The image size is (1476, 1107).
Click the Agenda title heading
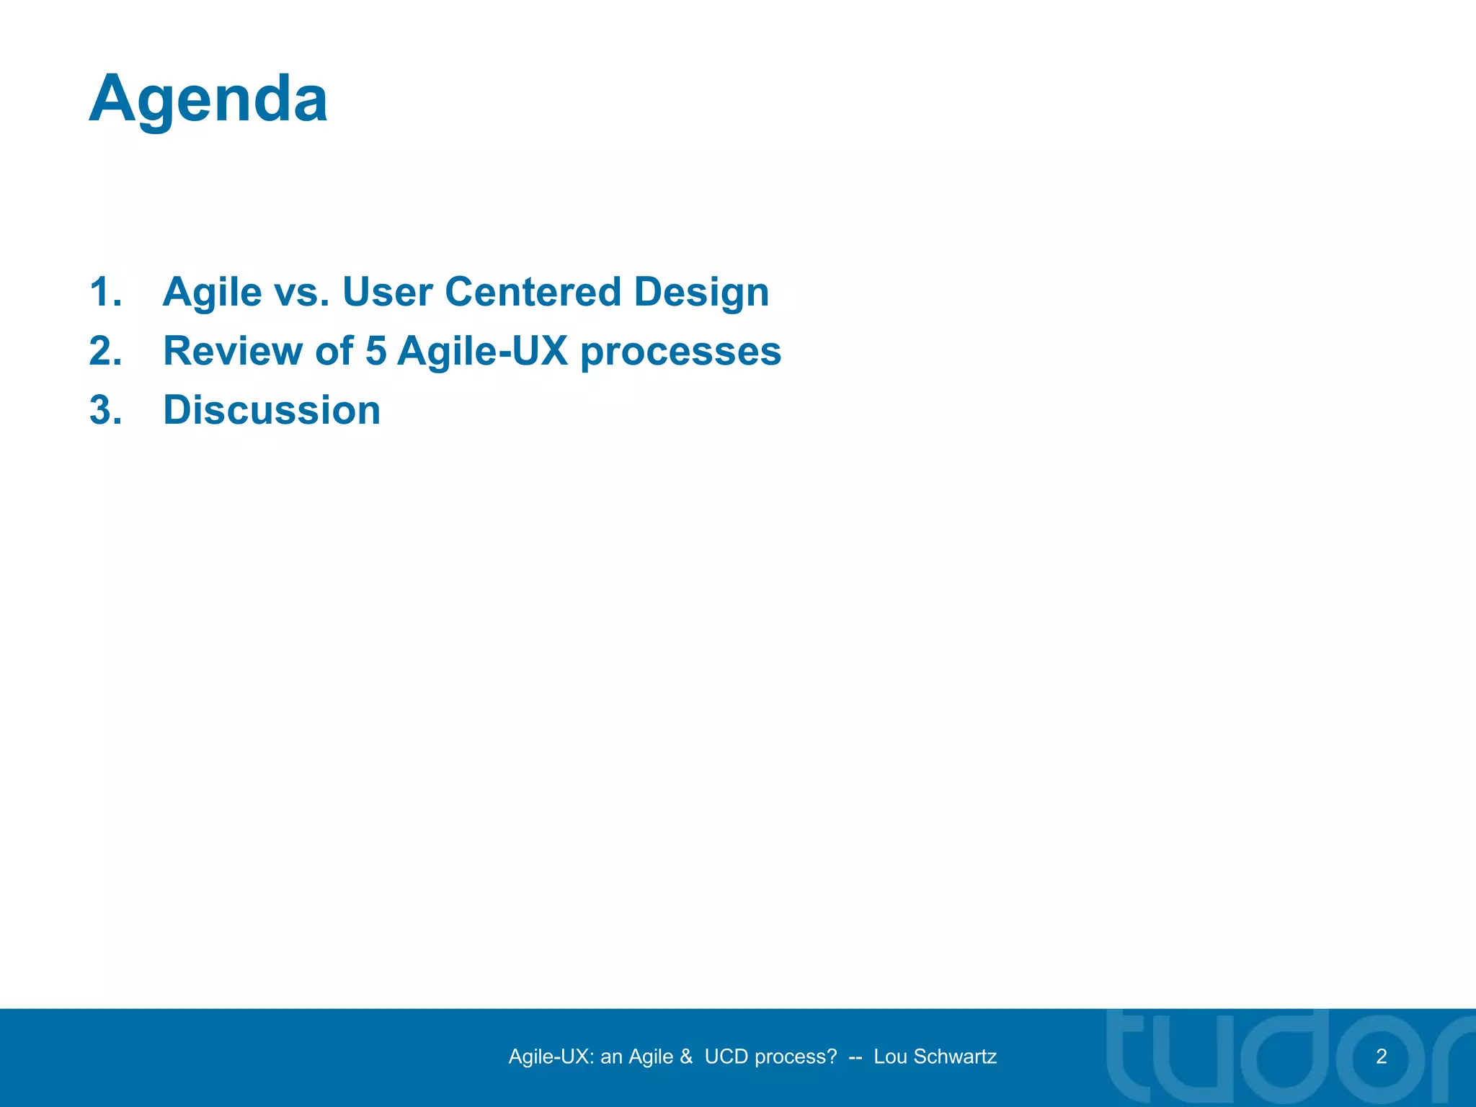click(x=208, y=99)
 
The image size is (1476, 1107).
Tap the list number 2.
click(x=105, y=352)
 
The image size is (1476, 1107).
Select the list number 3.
click(x=105, y=411)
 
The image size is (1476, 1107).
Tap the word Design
click(x=701, y=293)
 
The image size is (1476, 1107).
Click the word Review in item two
click(x=232, y=352)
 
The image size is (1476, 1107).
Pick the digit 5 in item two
click(x=375, y=352)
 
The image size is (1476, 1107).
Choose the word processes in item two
click(x=680, y=352)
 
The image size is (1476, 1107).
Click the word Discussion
click(x=272, y=411)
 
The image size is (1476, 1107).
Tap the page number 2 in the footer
click(x=1381, y=1057)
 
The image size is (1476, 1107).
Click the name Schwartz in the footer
click(x=955, y=1057)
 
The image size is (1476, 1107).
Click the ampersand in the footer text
click(x=685, y=1057)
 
